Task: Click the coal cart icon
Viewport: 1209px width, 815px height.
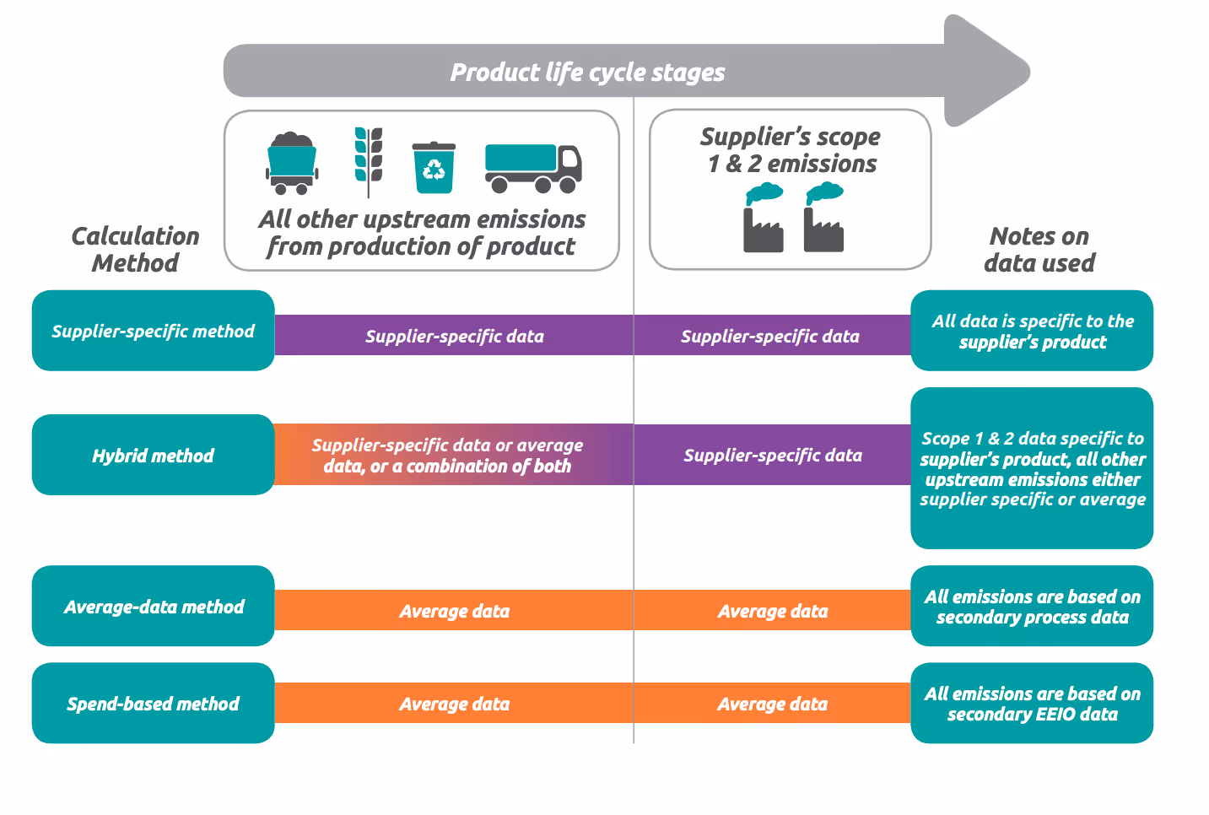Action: (x=291, y=163)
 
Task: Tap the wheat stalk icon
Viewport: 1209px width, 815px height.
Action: (x=369, y=163)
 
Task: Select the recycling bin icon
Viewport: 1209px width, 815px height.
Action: (x=434, y=167)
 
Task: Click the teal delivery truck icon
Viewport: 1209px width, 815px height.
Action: (x=533, y=169)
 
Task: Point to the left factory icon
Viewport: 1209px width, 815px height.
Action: (x=764, y=218)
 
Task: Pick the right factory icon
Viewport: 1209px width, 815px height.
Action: (x=824, y=218)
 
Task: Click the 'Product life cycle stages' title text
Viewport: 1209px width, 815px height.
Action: (x=587, y=73)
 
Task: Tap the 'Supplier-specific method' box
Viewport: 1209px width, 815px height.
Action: (x=154, y=331)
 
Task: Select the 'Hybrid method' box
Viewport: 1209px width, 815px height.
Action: (x=154, y=455)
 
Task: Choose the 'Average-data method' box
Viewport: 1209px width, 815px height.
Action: (x=154, y=606)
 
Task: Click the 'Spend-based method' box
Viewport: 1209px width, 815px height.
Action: (x=154, y=703)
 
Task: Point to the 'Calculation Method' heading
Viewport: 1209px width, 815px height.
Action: (x=136, y=250)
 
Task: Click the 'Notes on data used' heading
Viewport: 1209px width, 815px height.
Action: (x=1039, y=250)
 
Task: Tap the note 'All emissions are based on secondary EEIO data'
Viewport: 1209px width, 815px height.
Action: (x=1032, y=703)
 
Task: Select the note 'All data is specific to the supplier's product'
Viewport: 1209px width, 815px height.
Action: (x=1032, y=331)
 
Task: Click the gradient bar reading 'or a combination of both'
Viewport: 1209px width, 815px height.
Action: (x=454, y=455)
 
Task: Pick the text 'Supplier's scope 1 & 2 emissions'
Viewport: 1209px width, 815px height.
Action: (x=791, y=150)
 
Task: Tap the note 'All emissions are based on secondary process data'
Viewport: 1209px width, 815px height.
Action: (x=1032, y=606)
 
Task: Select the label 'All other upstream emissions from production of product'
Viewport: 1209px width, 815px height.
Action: (x=422, y=233)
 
